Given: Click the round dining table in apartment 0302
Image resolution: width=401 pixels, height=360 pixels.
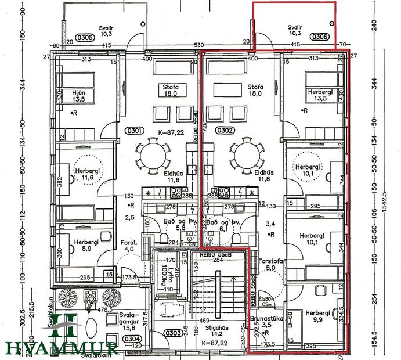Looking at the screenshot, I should pyautogui.click(x=246, y=155).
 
